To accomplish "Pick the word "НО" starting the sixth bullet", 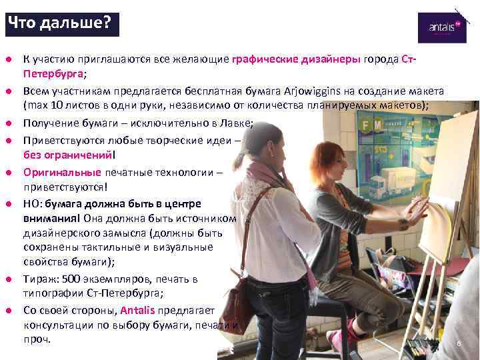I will click(x=31, y=203).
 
